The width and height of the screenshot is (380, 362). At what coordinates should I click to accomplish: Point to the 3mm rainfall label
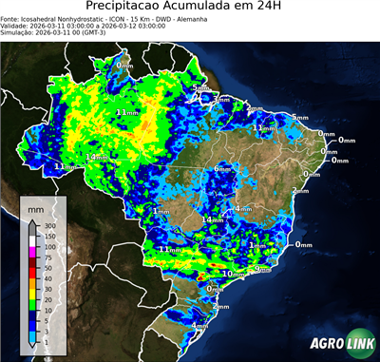(x=221, y=99)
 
